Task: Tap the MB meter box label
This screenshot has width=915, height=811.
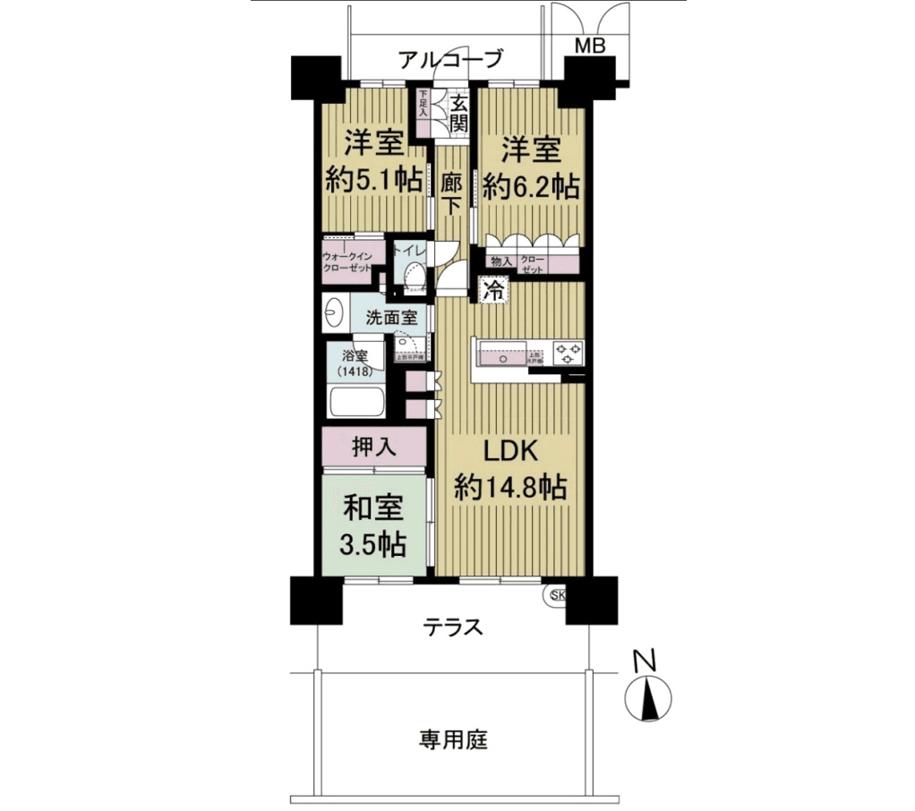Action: coord(588,46)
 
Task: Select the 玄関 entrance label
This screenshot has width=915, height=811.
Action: coord(458,114)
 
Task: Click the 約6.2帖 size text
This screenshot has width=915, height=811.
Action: coord(531,186)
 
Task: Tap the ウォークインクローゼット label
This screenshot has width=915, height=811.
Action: coord(353,260)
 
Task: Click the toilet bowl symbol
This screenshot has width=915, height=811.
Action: coord(413,278)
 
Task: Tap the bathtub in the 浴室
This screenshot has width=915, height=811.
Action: coord(355,403)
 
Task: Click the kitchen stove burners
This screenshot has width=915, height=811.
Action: coord(568,353)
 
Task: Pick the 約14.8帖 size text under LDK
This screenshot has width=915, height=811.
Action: coord(509,487)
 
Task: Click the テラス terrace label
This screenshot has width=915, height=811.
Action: coord(453,627)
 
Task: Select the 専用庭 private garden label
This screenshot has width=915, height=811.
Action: coord(453,739)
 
